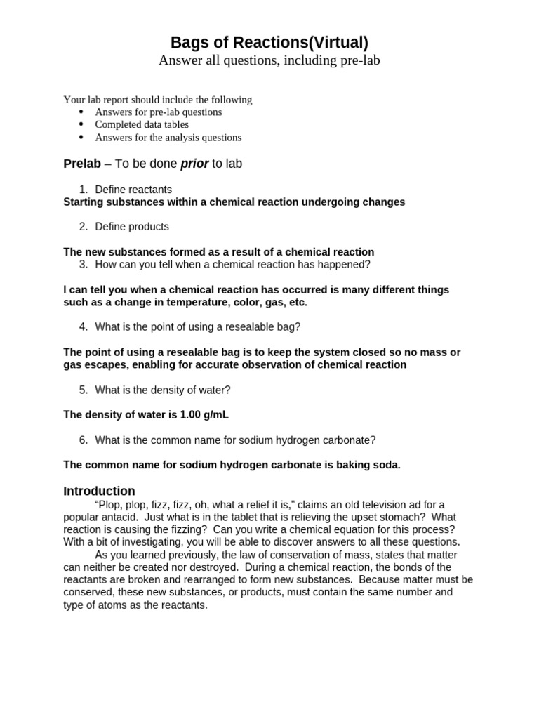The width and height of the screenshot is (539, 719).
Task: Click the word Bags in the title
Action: (x=189, y=43)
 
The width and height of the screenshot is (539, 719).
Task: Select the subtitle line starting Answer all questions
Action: (x=269, y=60)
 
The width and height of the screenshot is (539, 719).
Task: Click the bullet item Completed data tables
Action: (x=142, y=125)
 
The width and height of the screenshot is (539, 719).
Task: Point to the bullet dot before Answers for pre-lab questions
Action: (x=81, y=112)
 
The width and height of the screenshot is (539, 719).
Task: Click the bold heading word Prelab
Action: (x=82, y=164)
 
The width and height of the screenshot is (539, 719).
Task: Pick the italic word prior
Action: (x=194, y=164)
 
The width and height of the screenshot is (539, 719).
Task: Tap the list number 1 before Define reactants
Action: (x=83, y=190)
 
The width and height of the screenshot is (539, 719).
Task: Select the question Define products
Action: (x=132, y=227)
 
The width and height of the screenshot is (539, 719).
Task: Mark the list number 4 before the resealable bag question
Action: (x=83, y=327)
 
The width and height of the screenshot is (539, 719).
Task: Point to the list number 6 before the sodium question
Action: (x=83, y=440)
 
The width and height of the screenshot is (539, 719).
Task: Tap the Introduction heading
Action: (x=99, y=492)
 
